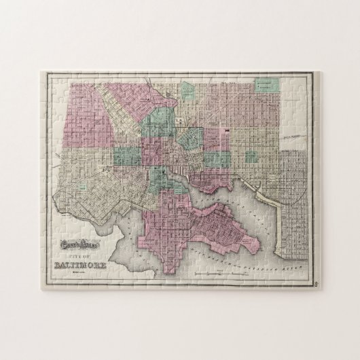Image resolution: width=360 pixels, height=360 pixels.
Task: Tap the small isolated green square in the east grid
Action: tap(252, 156)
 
